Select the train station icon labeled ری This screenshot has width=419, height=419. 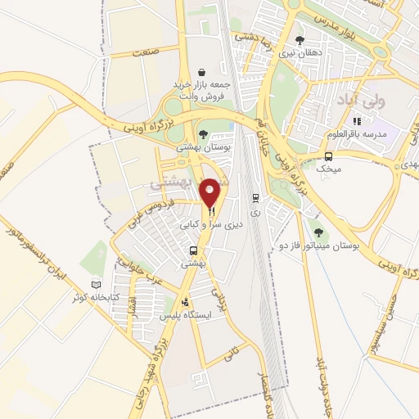point(256,197)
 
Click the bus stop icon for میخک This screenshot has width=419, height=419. point(328,156)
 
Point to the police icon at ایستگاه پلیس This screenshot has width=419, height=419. point(185,301)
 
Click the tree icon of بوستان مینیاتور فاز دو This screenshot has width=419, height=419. point(319,232)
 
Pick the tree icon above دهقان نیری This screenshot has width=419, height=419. point(300,39)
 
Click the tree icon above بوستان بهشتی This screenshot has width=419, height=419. point(203,134)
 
